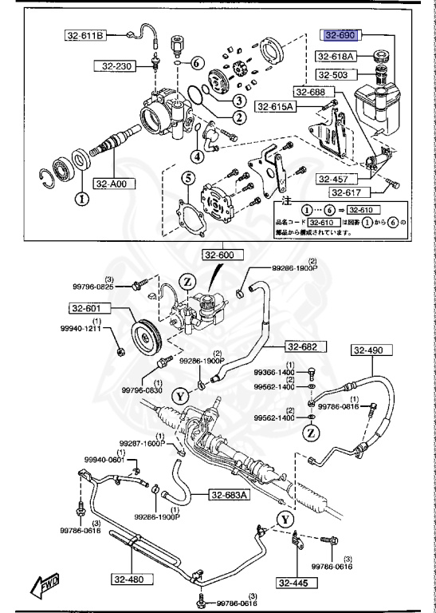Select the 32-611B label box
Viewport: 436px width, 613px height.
[x=85, y=35]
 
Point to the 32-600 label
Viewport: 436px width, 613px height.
[x=221, y=255]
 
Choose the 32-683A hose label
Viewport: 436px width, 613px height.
[x=230, y=495]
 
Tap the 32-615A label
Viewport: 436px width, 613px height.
[x=275, y=105]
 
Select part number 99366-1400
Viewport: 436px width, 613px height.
[x=273, y=373]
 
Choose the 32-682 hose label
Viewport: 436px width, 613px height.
[x=303, y=346]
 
